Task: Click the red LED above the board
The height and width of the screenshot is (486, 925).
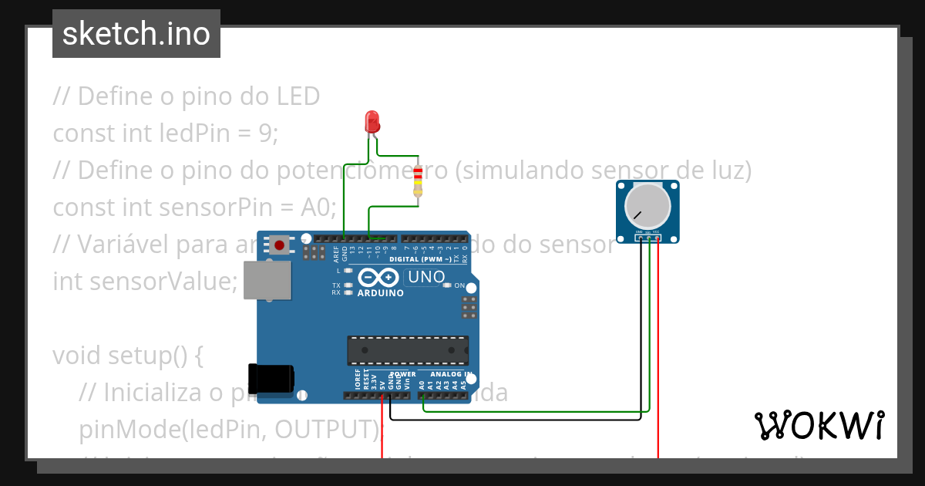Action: coord(372,121)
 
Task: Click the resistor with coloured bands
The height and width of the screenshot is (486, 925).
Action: coord(418,181)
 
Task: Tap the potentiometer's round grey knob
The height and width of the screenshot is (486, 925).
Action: coord(647,206)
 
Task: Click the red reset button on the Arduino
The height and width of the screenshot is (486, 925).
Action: coord(279,246)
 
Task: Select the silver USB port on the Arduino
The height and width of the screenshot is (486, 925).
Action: coord(267,279)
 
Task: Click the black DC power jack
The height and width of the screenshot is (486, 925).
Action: coord(271,378)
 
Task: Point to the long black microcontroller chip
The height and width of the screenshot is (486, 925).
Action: coord(407,349)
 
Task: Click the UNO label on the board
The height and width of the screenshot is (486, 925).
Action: coord(425,277)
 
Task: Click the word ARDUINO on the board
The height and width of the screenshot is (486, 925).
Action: coord(380,293)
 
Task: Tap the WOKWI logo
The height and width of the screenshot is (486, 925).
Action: coord(819,425)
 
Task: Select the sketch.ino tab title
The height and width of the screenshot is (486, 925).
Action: coord(136,34)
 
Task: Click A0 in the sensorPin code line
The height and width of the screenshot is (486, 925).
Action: coord(319,208)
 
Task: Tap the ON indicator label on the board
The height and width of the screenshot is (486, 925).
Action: coord(459,285)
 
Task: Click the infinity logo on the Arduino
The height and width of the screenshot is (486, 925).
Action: coord(378,277)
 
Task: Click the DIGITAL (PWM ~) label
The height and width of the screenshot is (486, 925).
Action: coord(417,259)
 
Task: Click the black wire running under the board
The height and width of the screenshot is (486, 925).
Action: coord(524,420)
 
